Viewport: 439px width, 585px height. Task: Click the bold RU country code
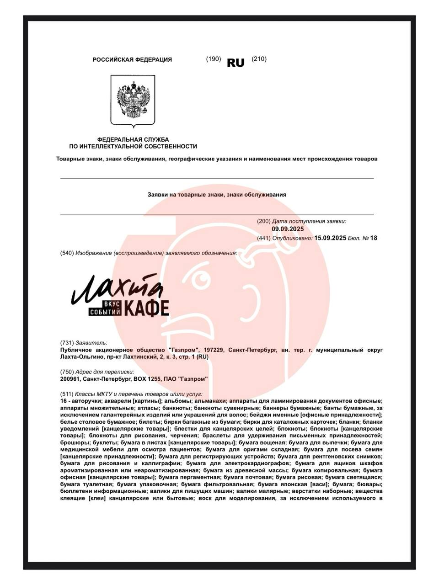tap(236, 63)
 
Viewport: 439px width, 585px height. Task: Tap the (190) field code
tap(214, 59)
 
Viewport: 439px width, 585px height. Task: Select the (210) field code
tap(259, 59)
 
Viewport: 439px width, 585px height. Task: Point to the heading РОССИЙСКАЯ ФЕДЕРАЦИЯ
tap(132, 59)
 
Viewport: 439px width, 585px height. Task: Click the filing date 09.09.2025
tap(288, 229)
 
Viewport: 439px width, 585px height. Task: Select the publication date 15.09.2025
tap(331, 238)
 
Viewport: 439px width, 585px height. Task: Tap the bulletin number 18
tap(374, 238)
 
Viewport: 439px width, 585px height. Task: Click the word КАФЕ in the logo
tap(147, 308)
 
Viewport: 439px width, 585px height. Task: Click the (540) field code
tap(67, 253)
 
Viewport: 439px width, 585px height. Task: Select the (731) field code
tap(67, 342)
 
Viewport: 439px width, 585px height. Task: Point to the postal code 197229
tap(214, 350)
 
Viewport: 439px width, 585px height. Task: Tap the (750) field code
tap(67, 372)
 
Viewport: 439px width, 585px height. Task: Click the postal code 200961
tap(69, 379)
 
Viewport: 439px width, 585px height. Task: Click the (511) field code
tap(67, 394)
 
